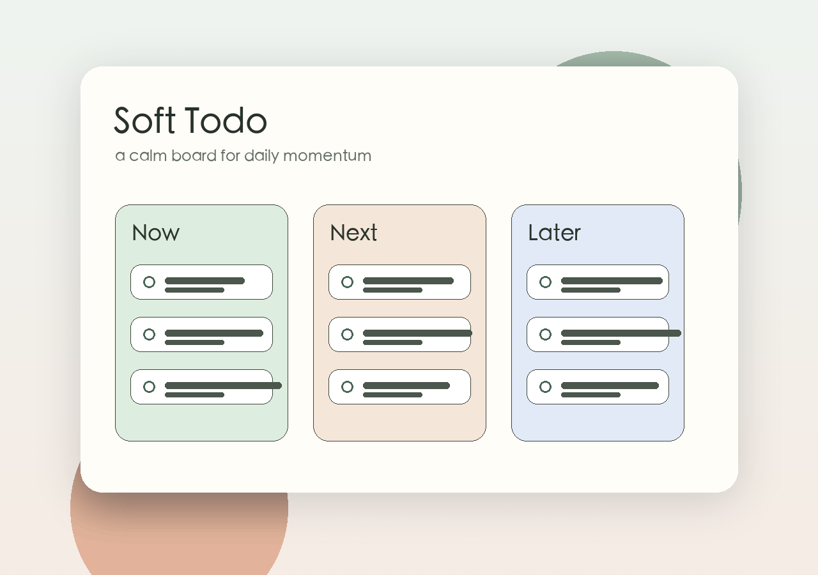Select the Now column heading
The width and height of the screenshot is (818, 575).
(x=155, y=233)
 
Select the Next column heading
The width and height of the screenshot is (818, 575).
(x=353, y=233)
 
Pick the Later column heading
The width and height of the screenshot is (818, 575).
(x=554, y=233)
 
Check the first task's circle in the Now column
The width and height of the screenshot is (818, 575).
(x=149, y=282)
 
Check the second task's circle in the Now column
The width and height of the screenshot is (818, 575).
(x=149, y=334)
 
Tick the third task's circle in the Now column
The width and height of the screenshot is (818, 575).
(x=149, y=387)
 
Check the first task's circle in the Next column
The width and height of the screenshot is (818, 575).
(x=347, y=282)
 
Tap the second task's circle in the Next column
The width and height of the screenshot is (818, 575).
(x=347, y=334)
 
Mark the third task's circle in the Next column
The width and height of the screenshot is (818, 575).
(x=347, y=387)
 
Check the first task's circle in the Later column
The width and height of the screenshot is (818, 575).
(x=545, y=282)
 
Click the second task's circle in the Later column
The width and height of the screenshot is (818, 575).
(x=545, y=334)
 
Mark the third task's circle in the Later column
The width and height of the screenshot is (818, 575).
(x=545, y=387)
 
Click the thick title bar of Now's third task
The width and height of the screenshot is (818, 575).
(x=223, y=385)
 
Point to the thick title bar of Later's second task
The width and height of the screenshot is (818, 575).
(x=621, y=333)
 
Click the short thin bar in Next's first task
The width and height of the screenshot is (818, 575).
(x=392, y=290)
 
